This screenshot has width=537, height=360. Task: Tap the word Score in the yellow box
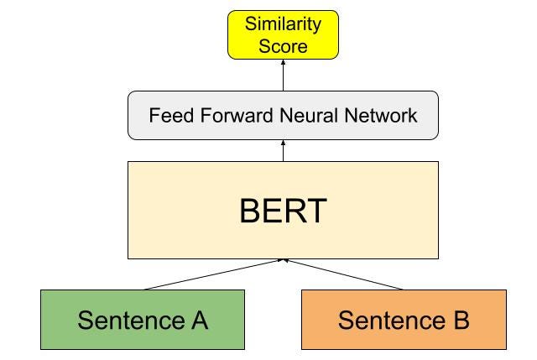283,45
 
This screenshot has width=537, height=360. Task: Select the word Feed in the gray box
169,115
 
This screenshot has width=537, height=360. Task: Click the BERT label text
283,211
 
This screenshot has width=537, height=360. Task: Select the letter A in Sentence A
197,320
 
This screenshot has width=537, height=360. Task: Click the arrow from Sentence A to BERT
214,274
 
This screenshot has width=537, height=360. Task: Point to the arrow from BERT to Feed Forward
283,151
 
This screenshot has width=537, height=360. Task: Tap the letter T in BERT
315,211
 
